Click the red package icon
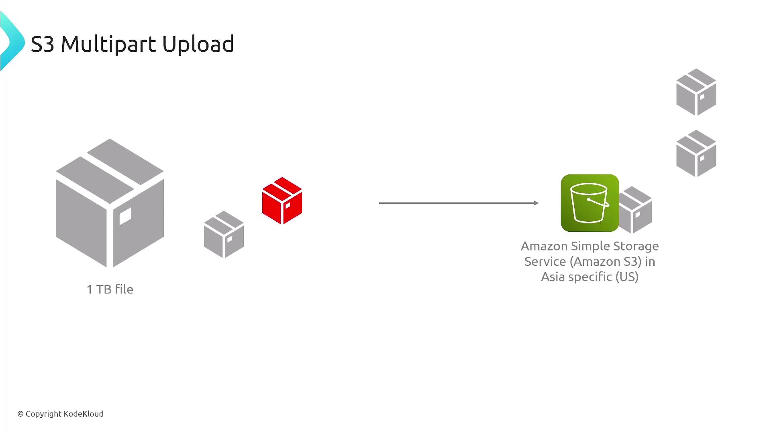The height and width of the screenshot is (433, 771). tap(282, 200)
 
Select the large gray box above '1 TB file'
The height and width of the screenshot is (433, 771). tap(110, 203)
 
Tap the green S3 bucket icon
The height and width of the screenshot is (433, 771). tap(589, 203)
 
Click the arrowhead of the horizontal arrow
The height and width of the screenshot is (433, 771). tap(536, 203)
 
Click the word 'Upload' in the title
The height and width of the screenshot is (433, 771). tap(198, 44)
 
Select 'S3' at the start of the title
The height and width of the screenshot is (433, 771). tap(42, 44)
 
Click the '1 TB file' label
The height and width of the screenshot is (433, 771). tap(110, 289)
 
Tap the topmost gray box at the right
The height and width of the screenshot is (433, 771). tap(696, 92)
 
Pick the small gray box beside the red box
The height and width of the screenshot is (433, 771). tap(224, 235)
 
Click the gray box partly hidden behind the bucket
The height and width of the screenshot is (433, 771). tap(635, 210)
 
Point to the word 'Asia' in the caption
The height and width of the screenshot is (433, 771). tap(553, 277)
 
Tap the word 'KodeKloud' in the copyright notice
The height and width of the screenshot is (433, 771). tap(84, 414)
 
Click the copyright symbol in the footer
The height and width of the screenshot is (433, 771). tap(20, 414)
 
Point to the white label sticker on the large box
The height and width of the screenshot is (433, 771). tap(125, 216)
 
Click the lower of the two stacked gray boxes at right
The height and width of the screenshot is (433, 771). tap(696, 154)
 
